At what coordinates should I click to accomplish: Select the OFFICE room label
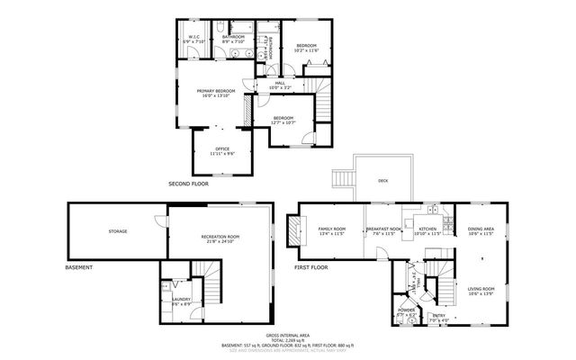pos(222,151)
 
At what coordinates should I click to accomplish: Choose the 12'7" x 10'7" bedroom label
pos(284,121)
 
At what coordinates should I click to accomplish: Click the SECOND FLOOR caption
pos(187,184)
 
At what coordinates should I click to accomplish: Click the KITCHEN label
pos(428,231)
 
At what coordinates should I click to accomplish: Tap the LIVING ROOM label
pos(481,291)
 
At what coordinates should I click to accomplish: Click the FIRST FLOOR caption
pos(311,267)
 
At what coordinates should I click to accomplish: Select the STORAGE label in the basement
pos(118,231)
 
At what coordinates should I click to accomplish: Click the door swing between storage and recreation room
pos(162,220)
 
